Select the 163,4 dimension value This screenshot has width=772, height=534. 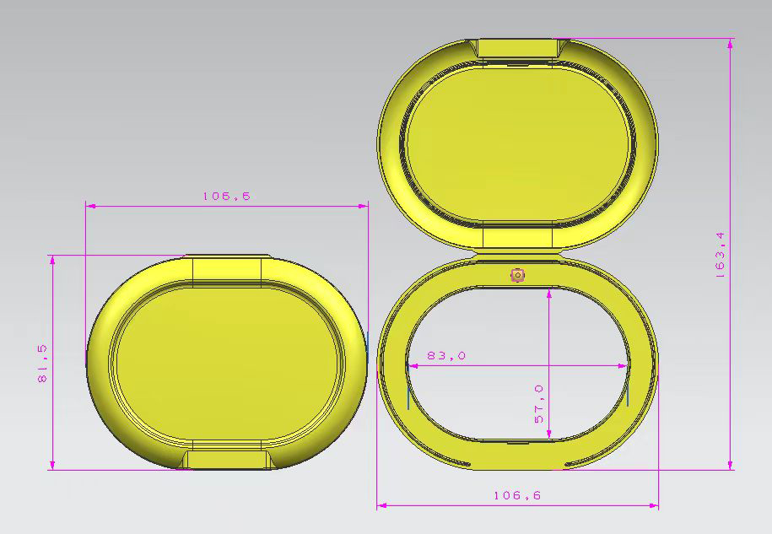tap(721, 256)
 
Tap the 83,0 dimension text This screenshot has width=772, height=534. tap(445, 356)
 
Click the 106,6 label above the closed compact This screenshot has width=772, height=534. tap(226, 196)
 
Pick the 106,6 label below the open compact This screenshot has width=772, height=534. tap(517, 496)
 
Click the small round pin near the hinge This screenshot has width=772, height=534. tap(517, 275)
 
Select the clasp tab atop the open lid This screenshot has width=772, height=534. tap(517, 48)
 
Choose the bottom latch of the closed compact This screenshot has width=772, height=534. tap(226, 459)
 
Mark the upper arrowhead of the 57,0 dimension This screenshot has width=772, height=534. tap(549, 292)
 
